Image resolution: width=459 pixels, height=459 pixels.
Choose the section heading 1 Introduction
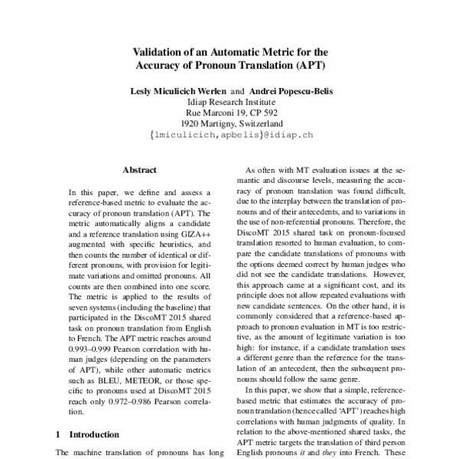(87, 434)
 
